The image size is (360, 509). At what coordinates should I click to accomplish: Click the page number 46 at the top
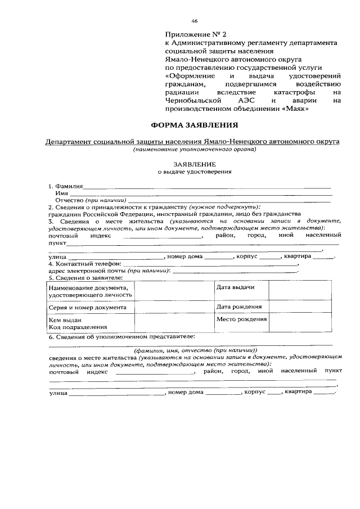[194, 21]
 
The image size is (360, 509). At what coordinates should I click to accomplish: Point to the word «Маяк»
[296, 109]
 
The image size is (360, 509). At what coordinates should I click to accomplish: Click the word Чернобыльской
[191, 100]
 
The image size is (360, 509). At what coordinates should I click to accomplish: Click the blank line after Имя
[200, 194]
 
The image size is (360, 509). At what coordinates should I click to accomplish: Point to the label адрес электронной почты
[87, 271]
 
